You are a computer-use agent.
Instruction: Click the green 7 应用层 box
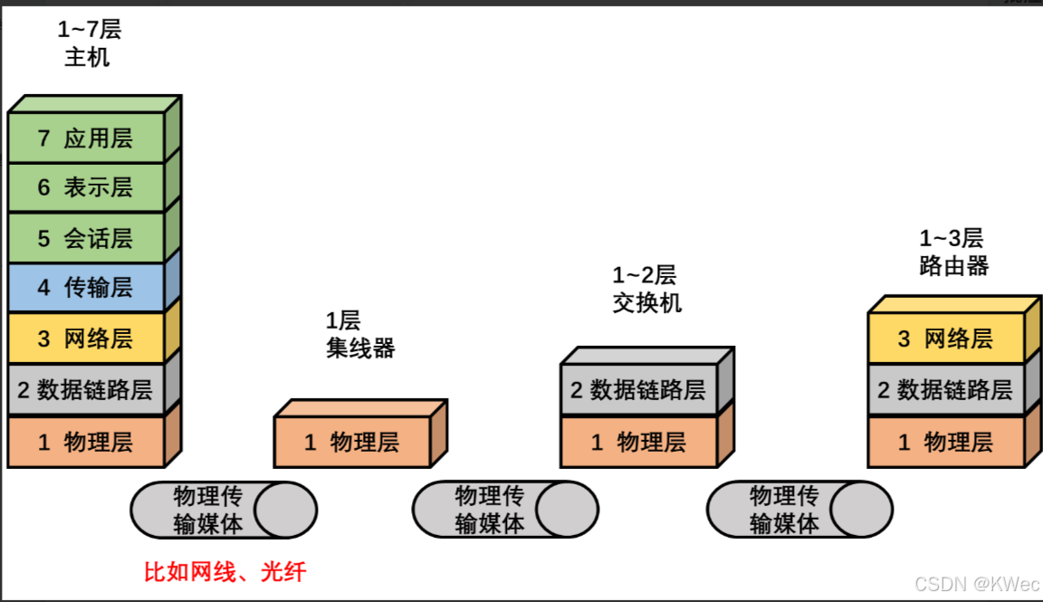(x=86, y=139)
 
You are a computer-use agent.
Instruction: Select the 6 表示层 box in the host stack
(x=86, y=187)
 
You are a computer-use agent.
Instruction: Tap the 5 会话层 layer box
(x=86, y=238)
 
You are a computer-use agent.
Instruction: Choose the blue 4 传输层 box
(x=86, y=288)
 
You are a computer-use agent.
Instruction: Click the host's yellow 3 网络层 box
(x=86, y=339)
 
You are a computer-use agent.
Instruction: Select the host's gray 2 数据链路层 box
(x=86, y=391)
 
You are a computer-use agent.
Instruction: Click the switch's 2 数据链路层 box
(x=638, y=390)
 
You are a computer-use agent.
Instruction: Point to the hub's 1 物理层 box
(x=351, y=443)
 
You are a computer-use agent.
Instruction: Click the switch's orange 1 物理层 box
(x=638, y=443)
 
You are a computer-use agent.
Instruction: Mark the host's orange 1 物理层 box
(x=86, y=443)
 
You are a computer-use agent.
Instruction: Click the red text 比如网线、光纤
(x=225, y=572)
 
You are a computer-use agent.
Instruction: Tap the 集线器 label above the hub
(x=360, y=349)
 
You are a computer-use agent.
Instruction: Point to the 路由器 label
(x=953, y=266)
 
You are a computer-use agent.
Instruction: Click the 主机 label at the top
(x=88, y=57)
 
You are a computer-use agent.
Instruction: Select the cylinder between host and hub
(x=224, y=510)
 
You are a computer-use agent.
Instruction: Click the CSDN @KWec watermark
(x=977, y=584)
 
